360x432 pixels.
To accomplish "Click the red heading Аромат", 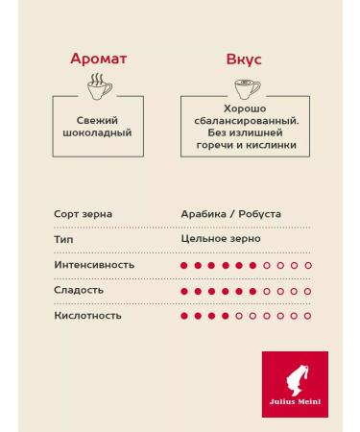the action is [98, 59].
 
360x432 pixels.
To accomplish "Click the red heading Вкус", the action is [243, 59].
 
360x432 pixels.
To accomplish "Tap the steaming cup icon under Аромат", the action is [98, 87].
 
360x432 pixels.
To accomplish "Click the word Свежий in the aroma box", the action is [98, 121].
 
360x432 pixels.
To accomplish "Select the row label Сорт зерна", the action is [81, 214].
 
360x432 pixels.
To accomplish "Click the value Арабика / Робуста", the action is [230, 214].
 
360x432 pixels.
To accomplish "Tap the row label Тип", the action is [63, 239].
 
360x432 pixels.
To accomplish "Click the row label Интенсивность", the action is [94, 265].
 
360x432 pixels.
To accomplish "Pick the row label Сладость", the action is [79, 290].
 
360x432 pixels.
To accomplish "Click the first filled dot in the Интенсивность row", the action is [183, 265].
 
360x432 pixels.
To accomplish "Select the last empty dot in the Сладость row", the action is [308, 290].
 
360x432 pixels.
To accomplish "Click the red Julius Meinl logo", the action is [295, 384].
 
